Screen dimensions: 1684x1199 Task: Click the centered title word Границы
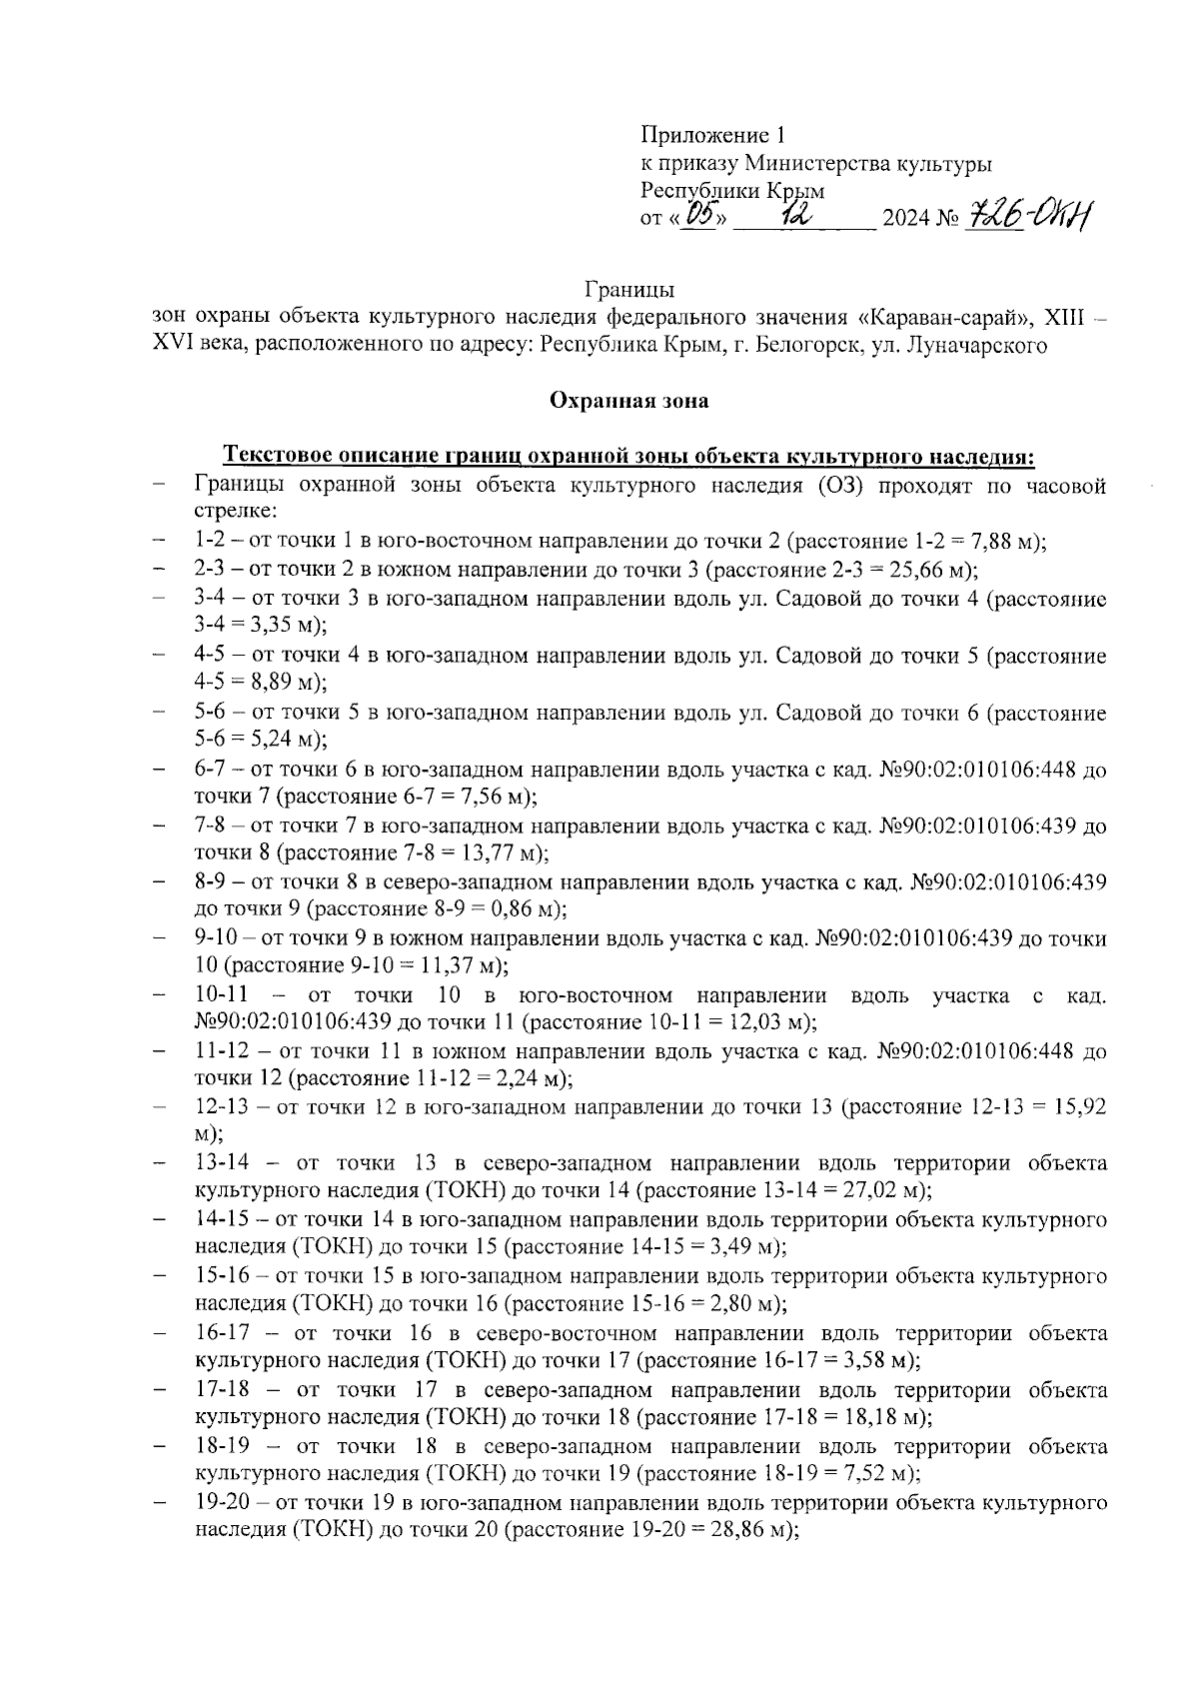628,291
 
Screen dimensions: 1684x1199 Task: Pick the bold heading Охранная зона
628,401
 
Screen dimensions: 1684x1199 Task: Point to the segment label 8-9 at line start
209,882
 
